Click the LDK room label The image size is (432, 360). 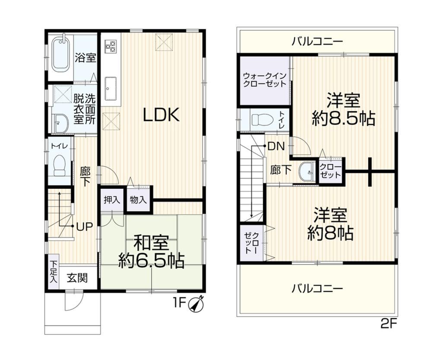point(162,115)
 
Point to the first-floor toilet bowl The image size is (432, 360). point(59,166)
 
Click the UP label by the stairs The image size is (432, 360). point(84,226)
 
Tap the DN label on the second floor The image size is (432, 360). point(276,147)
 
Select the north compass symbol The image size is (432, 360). point(196,304)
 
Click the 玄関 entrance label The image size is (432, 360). point(77,278)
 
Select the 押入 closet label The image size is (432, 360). point(112,200)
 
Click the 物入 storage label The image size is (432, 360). point(138,200)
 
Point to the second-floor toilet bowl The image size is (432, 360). point(262,120)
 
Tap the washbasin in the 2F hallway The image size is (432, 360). point(307,172)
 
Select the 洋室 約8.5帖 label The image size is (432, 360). point(343,109)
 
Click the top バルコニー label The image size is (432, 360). point(318,41)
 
